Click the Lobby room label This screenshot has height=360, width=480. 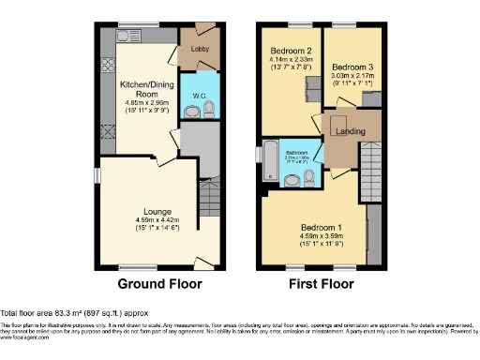pos(200,48)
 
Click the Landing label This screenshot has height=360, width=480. pos(350,131)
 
